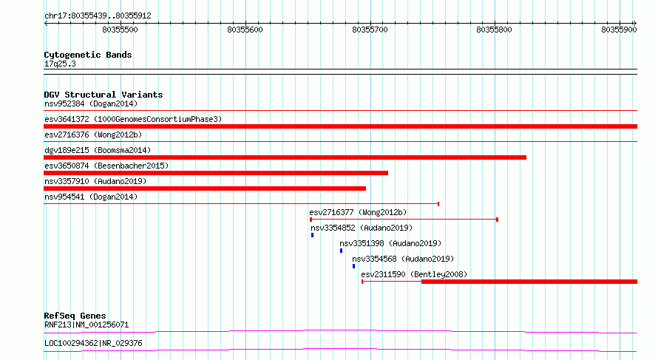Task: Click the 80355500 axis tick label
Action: click(120, 30)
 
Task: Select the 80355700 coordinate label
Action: click(370, 30)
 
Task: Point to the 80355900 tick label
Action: click(619, 30)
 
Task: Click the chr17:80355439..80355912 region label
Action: click(98, 16)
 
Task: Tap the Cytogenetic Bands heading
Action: click(88, 55)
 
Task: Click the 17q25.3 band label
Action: click(60, 64)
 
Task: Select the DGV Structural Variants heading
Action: click(104, 95)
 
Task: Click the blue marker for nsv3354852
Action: click(312, 235)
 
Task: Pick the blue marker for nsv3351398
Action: click(341, 251)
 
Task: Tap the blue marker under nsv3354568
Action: click(353, 266)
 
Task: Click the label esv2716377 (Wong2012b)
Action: click(358, 212)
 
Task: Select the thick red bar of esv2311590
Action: click(529, 282)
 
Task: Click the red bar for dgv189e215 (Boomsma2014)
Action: click(285, 157)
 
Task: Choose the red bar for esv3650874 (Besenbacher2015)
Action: click(216, 173)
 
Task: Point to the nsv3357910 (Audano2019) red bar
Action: click(205, 189)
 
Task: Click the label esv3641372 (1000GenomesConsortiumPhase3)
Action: click(133, 119)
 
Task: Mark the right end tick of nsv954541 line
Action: click(438, 204)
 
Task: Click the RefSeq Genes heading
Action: click(75, 316)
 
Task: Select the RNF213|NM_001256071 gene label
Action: click(87, 325)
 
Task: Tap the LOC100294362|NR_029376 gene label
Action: click(93, 343)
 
